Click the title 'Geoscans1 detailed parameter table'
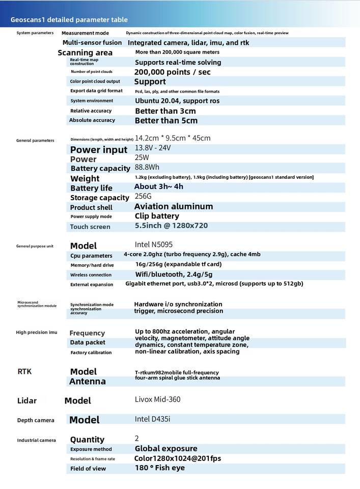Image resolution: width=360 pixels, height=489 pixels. [x=69, y=20]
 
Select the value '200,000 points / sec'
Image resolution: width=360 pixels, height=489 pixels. [x=172, y=72]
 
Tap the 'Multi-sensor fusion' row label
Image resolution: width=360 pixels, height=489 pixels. [x=92, y=43]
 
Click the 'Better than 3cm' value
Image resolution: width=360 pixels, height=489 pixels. [x=165, y=111]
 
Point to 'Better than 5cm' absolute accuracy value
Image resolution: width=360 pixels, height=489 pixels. [x=166, y=121]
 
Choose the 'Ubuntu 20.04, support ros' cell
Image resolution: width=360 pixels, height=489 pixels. [x=177, y=101]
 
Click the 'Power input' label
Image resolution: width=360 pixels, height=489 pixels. [x=99, y=150]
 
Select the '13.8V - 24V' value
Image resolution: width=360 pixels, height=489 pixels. [x=153, y=148]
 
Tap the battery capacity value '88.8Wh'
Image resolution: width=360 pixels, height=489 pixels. [x=147, y=167]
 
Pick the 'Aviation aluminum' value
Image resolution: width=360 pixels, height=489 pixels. [x=174, y=206]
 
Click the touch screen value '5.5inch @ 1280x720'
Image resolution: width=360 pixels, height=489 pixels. [x=171, y=226]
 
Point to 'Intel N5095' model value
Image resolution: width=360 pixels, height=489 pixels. [x=154, y=244]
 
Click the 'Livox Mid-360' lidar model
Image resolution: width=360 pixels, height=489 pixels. [x=157, y=399]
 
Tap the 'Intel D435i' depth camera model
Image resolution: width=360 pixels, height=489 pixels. [x=152, y=419]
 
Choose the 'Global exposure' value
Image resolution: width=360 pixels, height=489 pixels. [x=166, y=449]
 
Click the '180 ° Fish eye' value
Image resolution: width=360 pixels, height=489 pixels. [x=160, y=468]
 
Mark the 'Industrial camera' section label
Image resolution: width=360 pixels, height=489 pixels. [x=37, y=440]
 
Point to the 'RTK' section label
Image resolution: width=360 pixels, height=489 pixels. [x=24, y=371]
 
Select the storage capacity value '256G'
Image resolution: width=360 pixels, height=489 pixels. [x=143, y=196]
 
